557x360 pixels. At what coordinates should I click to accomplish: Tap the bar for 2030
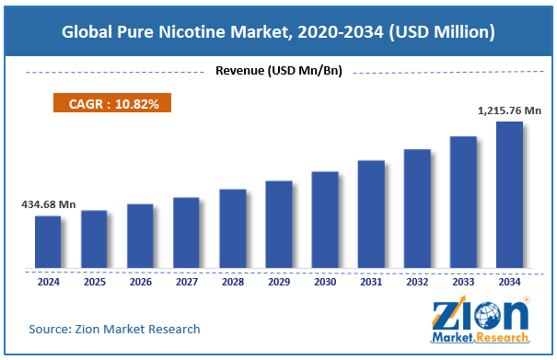tap(324, 220)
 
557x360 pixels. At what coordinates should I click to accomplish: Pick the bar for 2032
tap(417, 209)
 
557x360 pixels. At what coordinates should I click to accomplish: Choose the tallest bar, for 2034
tap(509, 195)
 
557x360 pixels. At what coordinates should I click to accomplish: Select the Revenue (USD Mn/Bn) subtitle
tap(277, 70)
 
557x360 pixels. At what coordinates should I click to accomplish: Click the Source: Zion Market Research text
tap(114, 329)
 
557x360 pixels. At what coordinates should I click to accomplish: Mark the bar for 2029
tap(278, 226)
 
